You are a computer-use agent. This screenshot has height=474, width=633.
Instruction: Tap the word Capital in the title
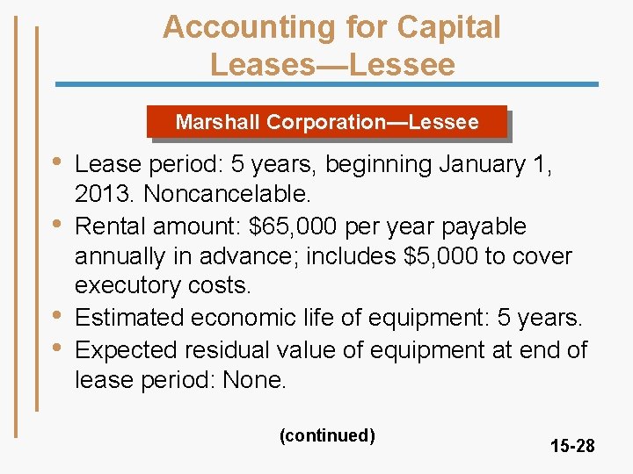(x=449, y=27)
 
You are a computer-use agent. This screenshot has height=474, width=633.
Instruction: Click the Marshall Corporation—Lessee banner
(x=327, y=122)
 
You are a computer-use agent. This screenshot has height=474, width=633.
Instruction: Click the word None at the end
(x=254, y=381)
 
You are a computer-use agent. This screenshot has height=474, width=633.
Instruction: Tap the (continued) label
(x=327, y=435)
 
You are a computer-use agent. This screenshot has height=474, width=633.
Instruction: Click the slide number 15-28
(x=572, y=446)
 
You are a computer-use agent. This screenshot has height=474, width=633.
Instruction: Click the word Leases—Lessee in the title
(x=332, y=64)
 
